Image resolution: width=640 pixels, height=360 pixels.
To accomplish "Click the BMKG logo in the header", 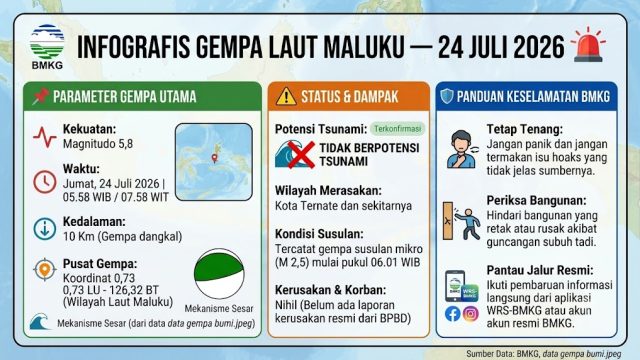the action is (47, 47).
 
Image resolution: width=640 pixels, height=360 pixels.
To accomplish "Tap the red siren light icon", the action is (588, 45).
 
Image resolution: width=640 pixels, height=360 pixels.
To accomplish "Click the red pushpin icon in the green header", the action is (40, 97).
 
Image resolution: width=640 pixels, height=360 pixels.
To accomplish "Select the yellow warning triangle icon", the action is (286, 97).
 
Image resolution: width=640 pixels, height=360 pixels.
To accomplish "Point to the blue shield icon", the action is (447, 96).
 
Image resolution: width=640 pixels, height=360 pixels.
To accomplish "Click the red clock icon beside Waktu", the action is (44, 182).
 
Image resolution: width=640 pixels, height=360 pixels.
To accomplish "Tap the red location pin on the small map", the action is (214, 158).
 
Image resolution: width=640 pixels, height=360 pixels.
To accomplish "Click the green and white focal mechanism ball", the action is (219, 273).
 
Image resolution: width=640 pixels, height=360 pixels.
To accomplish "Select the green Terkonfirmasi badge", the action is (397, 129).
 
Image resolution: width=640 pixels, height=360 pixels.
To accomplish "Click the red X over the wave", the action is (301, 155).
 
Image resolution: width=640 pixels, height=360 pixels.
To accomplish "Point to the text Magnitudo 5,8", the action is (98, 144).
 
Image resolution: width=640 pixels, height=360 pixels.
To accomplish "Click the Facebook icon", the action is (453, 314).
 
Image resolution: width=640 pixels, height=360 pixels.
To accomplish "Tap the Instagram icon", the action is (470, 314).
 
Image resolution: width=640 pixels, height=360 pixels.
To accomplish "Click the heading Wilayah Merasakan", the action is (328, 191).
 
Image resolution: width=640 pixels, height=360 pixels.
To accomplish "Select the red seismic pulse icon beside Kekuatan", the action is (44, 137).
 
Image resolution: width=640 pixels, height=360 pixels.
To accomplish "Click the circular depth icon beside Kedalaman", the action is (44, 229).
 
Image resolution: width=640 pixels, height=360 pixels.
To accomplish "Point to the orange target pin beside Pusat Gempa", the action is (44, 269).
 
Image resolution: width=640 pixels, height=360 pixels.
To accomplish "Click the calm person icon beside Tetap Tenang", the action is (462, 149).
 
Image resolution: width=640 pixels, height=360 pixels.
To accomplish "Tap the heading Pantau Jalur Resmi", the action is (540, 270).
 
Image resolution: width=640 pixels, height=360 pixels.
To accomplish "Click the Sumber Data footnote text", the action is (544, 353).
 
